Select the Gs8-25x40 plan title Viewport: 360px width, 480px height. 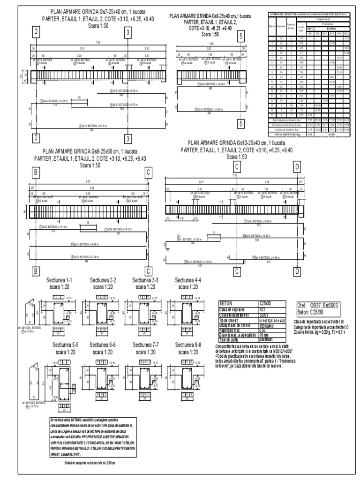pyautogui.click(x=210, y=16)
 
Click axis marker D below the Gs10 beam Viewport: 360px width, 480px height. pyautogui.click(x=297, y=271)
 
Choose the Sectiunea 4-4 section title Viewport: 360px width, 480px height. pyautogui.click(x=188, y=280)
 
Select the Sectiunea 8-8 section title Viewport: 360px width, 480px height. pyautogui.click(x=188, y=345)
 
